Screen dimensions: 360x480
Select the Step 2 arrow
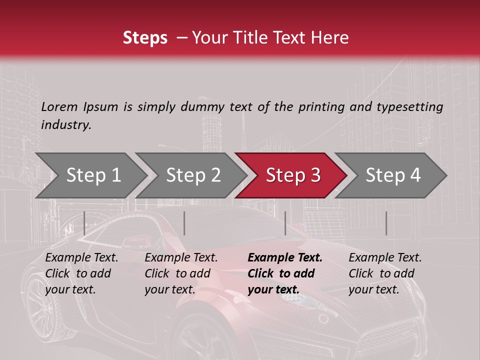(x=192, y=175)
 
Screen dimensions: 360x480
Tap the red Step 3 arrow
(x=292, y=175)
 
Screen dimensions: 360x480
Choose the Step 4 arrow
(x=392, y=175)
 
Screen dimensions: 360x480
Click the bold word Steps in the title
(x=145, y=38)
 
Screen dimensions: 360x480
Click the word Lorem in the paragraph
(x=59, y=106)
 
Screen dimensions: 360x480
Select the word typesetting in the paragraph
(x=409, y=106)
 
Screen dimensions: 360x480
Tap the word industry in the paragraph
(x=66, y=124)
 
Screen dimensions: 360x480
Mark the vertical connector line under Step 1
(x=84, y=223)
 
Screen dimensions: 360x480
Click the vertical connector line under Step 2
(x=184, y=223)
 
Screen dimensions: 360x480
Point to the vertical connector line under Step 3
(x=285, y=223)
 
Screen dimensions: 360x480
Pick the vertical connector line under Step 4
(x=386, y=223)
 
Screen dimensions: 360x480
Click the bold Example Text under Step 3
(x=285, y=258)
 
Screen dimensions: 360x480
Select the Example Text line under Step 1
(x=82, y=258)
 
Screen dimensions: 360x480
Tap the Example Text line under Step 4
(x=385, y=258)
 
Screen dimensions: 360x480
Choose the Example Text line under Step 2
(x=181, y=258)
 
